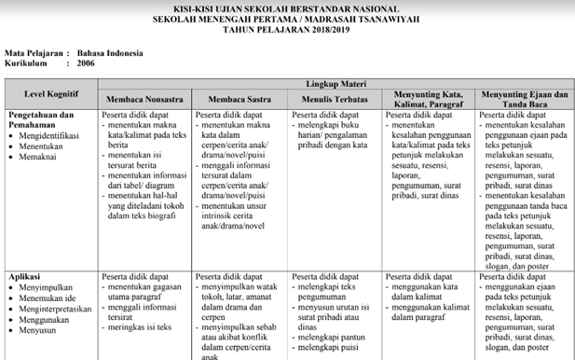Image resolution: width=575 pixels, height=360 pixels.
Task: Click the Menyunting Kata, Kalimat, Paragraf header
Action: (x=429, y=98)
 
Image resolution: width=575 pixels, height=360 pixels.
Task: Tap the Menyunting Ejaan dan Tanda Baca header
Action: (x=524, y=98)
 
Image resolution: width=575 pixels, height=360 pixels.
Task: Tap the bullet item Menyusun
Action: (x=40, y=330)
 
